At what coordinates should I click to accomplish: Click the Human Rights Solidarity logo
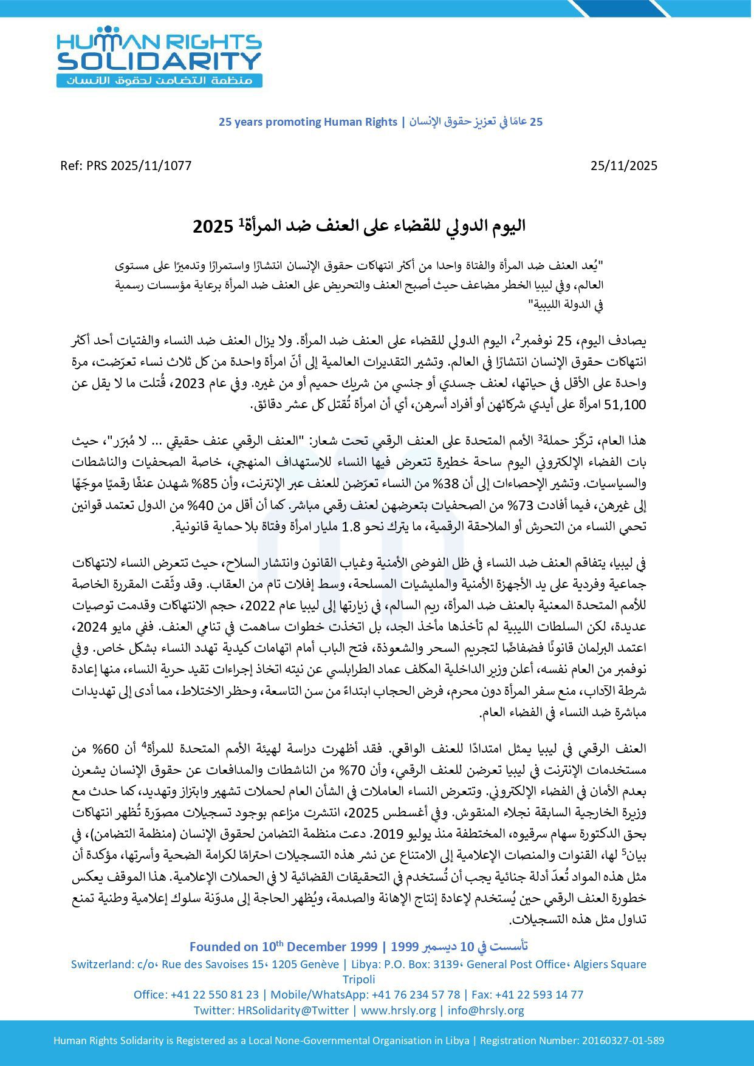click(x=159, y=56)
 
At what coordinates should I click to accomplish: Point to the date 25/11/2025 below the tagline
click(x=623, y=166)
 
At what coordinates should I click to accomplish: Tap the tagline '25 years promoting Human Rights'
click(x=307, y=122)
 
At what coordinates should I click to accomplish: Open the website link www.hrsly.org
click(x=398, y=1010)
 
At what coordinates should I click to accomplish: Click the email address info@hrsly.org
click(x=486, y=1010)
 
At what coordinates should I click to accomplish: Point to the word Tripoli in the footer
click(x=358, y=979)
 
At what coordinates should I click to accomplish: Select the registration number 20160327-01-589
click(x=622, y=1040)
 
